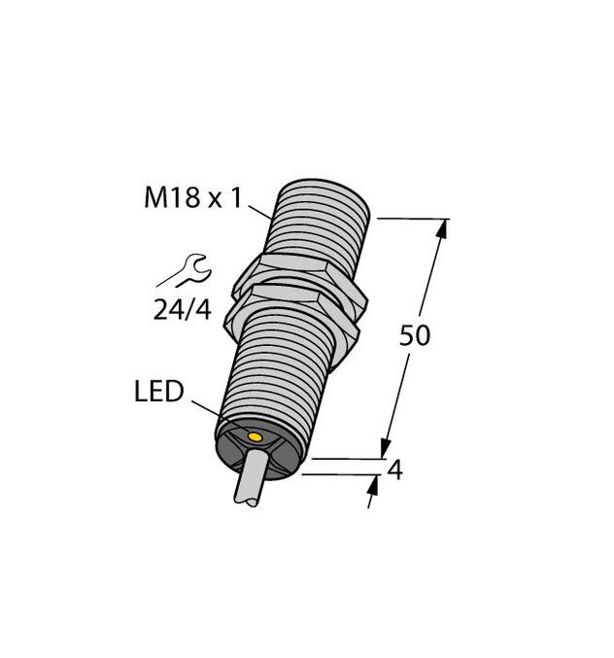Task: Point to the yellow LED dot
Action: click(255, 437)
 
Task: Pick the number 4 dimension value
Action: click(394, 470)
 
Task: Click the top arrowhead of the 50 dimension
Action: click(445, 228)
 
